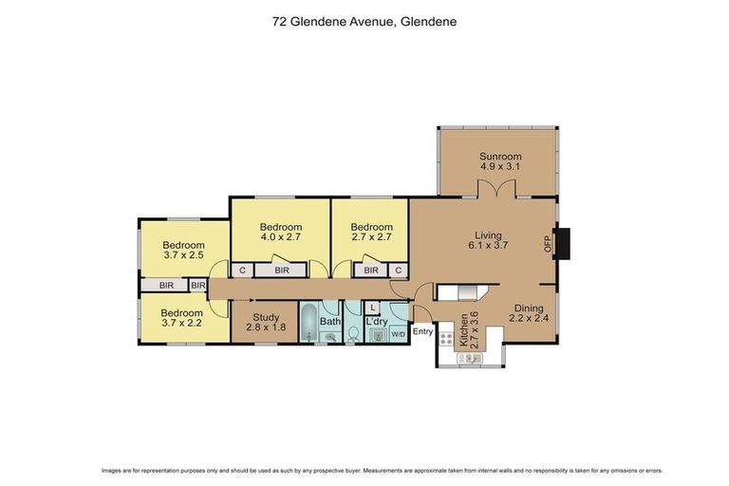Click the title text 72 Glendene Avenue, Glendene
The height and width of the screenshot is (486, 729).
364,18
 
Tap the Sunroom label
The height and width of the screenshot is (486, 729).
500,157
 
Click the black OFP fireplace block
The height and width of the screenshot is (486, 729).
563,244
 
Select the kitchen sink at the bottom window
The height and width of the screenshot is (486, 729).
472,359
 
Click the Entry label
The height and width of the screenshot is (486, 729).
422,331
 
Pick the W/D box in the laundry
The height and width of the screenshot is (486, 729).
398,333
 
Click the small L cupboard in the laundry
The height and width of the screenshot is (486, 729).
373,308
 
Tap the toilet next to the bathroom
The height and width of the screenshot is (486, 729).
353,331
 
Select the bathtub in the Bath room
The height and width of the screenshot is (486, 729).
310,323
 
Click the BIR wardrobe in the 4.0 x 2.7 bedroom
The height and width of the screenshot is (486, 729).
281,271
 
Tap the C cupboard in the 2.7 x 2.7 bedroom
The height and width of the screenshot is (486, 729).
399,271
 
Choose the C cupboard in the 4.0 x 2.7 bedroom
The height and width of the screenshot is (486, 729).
243,271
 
